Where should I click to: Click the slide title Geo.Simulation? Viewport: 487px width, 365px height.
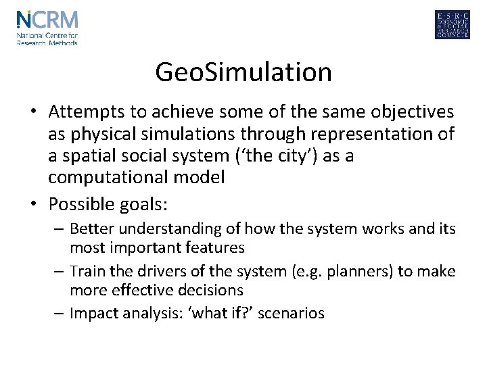click(x=243, y=72)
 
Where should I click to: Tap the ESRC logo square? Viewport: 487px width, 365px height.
click(x=452, y=25)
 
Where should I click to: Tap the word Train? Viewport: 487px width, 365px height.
click(x=87, y=271)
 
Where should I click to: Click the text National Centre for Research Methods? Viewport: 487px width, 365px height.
click(x=47, y=39)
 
